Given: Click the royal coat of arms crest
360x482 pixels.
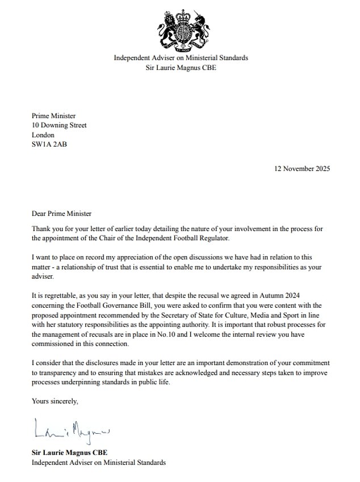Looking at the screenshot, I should [x=180, y=29].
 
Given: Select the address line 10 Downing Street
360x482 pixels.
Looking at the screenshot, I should [x=59, y=125].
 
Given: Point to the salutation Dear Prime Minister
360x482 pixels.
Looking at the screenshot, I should [x=61, y=214].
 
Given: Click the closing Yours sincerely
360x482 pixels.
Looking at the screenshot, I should [x=55, y=401].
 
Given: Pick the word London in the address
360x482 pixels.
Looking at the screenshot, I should [x=43, y=135].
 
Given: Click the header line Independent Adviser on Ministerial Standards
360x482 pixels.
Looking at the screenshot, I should [x=181, y=58].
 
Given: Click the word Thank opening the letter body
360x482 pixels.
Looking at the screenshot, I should [x=42, y=229].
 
